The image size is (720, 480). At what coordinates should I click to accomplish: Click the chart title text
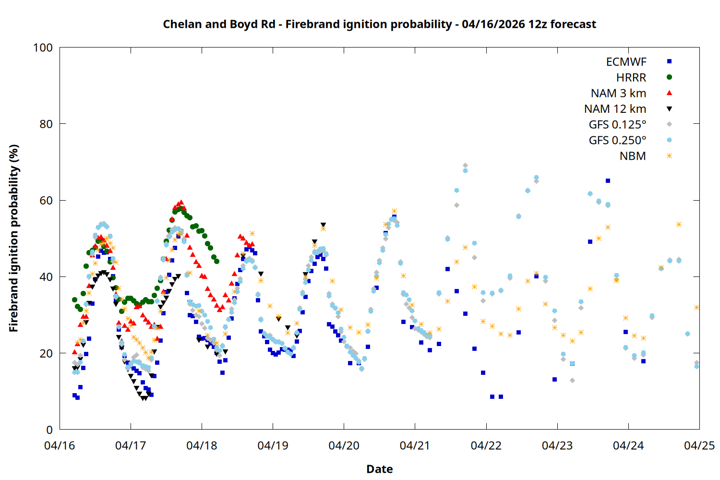[x=379, y=24]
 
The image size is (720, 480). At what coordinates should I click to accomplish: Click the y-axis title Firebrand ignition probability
[x=14, y=239]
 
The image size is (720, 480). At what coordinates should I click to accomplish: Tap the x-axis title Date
[x=379, y=469]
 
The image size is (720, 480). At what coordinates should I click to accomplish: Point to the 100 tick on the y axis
[x=43, y=48]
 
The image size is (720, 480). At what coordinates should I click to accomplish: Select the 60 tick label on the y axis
[x=46, y=201]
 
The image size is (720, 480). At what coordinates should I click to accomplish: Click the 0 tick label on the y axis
[x=49, y=430]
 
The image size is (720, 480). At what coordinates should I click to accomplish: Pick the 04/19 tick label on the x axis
[x=273, y=445]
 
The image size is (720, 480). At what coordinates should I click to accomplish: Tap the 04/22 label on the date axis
[x=486, y=445]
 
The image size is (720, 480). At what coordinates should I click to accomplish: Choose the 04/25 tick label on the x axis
[x=699, y=445]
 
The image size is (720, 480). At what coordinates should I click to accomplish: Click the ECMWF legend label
[x=626, y=61]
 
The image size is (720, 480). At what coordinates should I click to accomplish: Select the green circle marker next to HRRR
[x=669, y=77]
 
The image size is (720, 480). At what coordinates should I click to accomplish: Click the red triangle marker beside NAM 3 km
[x=669, y=93]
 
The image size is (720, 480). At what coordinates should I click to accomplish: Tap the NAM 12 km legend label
[x=615, y=109]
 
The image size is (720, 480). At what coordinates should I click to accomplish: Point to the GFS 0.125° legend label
[x=617, y=125]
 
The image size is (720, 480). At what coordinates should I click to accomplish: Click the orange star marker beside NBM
[x=669, y=156]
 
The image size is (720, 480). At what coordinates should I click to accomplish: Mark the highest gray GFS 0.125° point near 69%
[x=465, y=166]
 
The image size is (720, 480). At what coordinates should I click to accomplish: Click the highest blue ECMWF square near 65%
[x=608, y=181]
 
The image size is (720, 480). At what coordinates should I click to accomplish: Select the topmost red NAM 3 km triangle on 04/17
[x=181, y=203]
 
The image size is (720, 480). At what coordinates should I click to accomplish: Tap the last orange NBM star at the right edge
[x=696, y=307]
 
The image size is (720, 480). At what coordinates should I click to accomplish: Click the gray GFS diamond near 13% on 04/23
[x=572, y=381]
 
